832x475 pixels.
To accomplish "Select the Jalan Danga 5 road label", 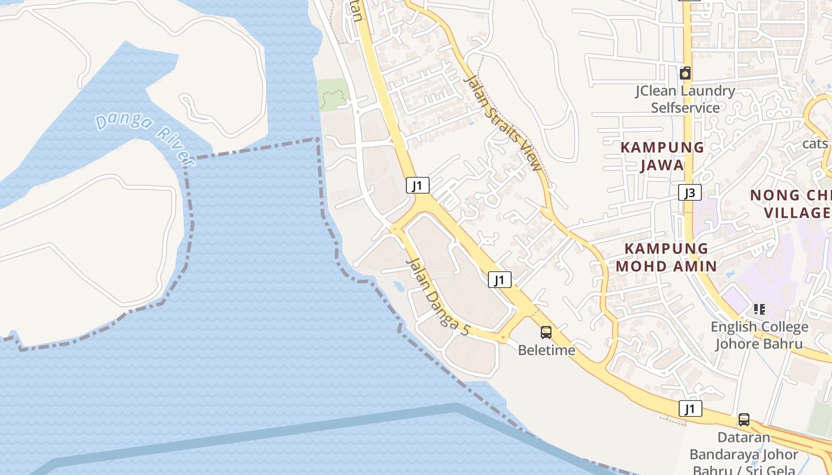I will coord(437,297).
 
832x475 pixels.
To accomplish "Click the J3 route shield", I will coord(689,192).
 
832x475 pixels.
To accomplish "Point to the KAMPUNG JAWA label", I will coord(662,156).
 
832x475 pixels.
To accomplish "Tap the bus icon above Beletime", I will coord(546,332).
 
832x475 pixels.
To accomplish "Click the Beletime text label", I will coord(546,350).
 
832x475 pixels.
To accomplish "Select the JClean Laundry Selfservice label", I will coord(685,99).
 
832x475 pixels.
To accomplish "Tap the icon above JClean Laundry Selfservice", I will coord(685,73).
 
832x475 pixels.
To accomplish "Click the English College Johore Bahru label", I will coord(759,335).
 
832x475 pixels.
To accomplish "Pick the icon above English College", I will coord(759,309).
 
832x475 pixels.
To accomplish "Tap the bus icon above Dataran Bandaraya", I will coord(743,419).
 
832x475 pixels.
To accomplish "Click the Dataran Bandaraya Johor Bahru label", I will coord(743,454).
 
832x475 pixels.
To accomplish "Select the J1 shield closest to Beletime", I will coord(500,280).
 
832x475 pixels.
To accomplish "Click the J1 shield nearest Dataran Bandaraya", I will coord(689,408).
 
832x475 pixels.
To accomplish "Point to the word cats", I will coord(815,143).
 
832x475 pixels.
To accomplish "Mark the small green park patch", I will coord(332,94).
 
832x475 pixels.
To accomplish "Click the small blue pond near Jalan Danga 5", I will coord(399,286).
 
